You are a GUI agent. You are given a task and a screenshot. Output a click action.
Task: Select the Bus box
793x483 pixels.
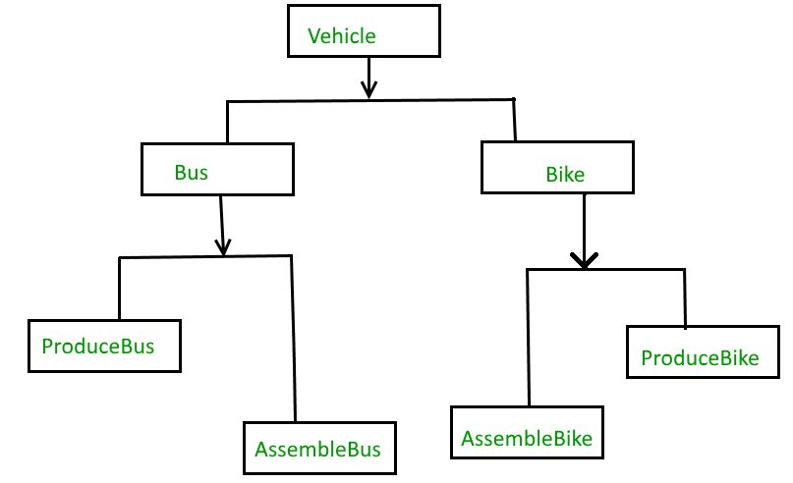[217, 170]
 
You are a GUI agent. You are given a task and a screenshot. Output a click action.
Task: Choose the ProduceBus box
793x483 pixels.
[104, 346]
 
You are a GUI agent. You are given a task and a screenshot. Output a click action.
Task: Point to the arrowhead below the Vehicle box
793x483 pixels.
[368, 90]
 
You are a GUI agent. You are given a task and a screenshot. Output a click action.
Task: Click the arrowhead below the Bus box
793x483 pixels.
[223, 248]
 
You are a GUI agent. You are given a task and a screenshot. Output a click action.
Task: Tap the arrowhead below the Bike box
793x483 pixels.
[584, 260]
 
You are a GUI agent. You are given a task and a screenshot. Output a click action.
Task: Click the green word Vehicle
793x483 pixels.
[342, 36]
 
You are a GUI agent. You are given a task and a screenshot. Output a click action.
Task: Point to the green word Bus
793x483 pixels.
[192, 172]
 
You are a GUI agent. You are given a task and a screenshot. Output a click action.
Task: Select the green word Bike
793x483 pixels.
[565, 176]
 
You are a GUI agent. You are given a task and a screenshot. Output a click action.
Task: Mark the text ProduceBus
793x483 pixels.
[98, 347]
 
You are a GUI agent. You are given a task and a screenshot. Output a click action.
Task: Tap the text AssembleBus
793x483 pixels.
[317, 451]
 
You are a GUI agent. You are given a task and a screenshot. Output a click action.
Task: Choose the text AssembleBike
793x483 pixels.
[528, 438]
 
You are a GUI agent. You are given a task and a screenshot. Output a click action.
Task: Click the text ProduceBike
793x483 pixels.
[700, 358]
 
